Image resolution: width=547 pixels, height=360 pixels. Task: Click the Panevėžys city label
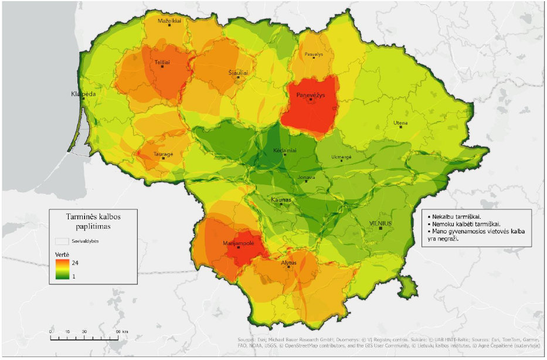point(311,94)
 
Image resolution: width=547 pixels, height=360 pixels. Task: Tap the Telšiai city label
point(162,61)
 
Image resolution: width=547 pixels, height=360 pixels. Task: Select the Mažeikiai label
point(169,20)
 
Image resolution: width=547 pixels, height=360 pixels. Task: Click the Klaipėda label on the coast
point(83,94)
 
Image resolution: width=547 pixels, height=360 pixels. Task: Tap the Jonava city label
point(306,177)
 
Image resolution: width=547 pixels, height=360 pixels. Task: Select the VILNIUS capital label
point(380,224)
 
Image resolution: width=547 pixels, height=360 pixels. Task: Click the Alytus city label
point(289,263)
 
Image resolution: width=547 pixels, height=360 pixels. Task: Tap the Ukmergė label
point(342,157)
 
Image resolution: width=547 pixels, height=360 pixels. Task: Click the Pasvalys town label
point(314,54)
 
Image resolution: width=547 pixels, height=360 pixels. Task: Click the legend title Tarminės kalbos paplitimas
point(94,220)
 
